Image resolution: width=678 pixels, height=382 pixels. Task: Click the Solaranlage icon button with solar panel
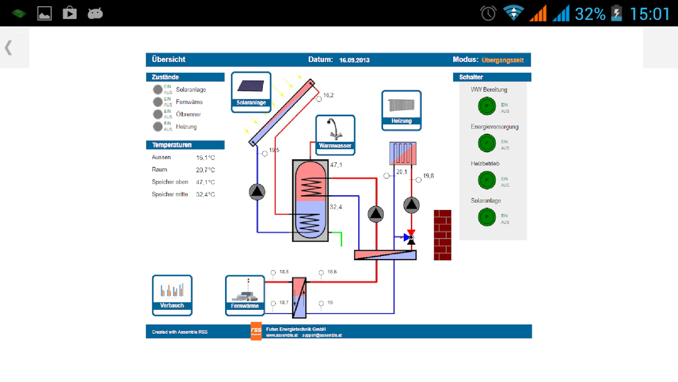coord(251,92)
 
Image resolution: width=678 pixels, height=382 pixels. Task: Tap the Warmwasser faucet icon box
coord(335,134)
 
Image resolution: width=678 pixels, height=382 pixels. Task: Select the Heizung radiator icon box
coord(401,110)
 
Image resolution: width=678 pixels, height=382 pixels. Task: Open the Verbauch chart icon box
coord(172,295)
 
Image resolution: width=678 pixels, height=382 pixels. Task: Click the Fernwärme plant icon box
coord(245,295)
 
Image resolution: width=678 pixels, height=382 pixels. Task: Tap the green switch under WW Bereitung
coord(487,106)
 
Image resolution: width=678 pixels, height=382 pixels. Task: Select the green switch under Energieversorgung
coord(487,143)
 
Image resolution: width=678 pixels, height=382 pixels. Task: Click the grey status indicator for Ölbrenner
coord(158,114)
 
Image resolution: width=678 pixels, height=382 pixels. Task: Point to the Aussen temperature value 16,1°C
coord(205,158)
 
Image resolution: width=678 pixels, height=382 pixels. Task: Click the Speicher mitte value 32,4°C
coord(205,195)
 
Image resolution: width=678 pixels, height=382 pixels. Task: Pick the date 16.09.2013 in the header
coord(354,60)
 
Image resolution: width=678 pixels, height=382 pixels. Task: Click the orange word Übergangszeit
coord(503,60)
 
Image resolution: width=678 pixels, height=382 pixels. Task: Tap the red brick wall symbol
coord(442,235)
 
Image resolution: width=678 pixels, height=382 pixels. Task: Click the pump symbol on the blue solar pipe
coord(257,192)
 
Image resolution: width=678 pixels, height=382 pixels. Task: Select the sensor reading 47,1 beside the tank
coord(336,165)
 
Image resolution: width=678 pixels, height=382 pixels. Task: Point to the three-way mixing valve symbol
coord(410,237)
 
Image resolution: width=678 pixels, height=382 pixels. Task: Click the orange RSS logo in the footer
coord(256,331)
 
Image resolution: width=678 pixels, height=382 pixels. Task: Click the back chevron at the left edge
coord(8,48)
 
